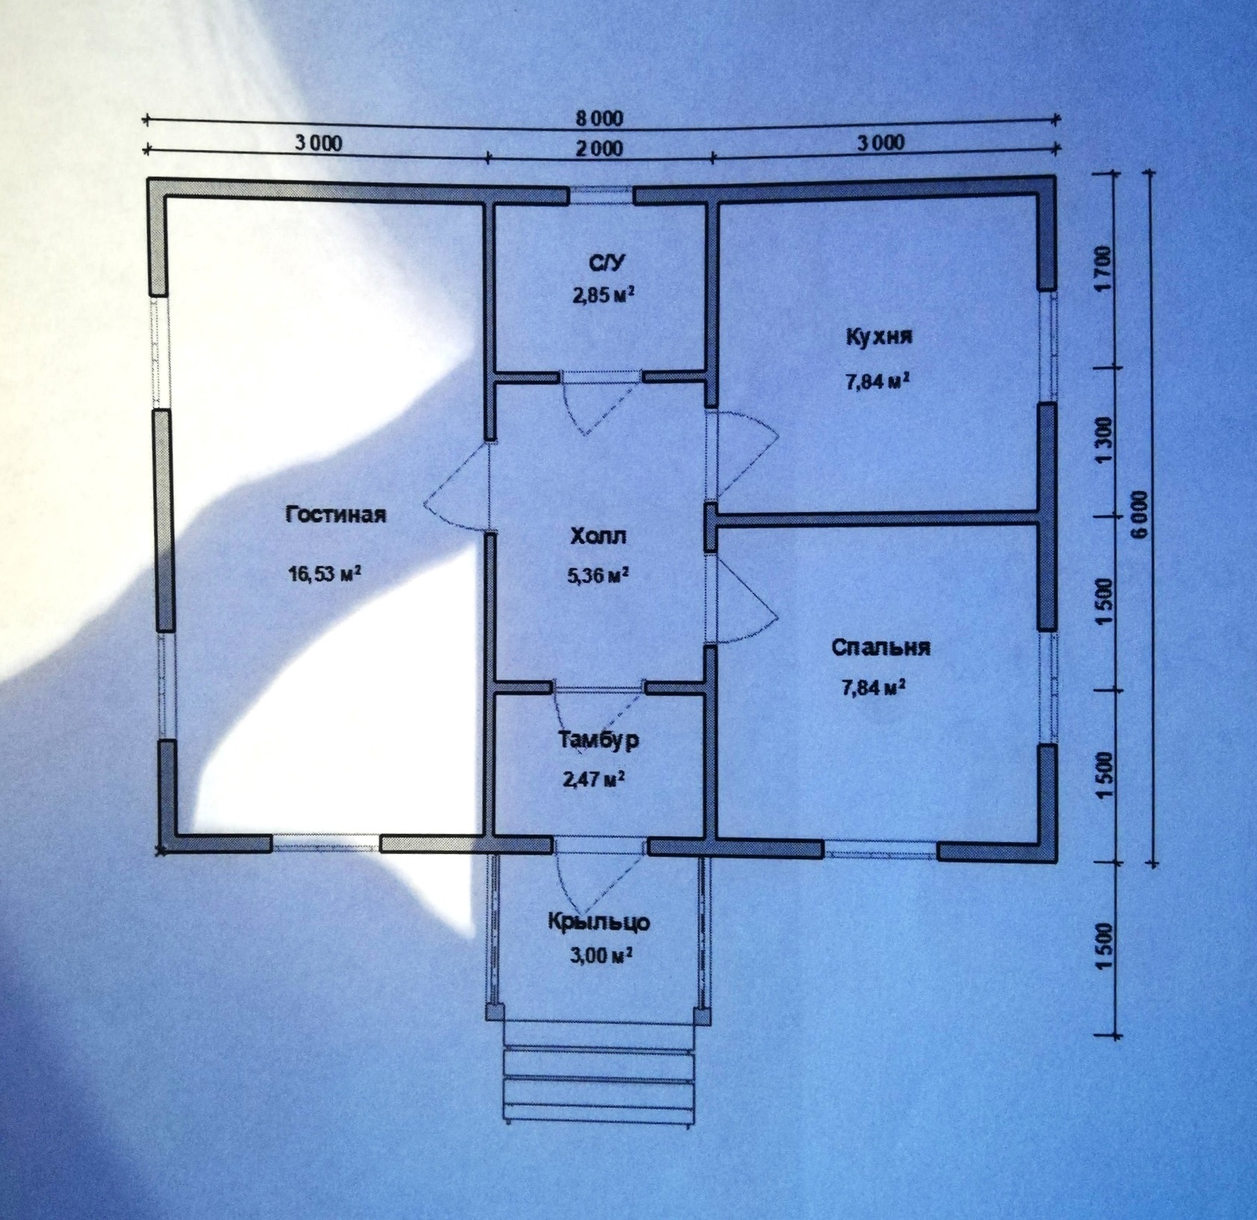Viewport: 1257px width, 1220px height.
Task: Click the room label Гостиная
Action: coord(336,515)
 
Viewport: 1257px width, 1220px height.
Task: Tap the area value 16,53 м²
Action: coord(325,574)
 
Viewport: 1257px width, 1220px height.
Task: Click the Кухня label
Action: coord(879,336)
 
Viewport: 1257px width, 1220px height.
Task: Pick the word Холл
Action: coord(599,537)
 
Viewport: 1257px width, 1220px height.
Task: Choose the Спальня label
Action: coord(881,647)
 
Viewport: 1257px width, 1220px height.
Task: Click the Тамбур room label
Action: coord(599,740)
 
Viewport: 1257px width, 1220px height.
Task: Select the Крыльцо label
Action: coord(599,921)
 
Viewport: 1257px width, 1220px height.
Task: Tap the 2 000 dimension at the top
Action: coord(599,147)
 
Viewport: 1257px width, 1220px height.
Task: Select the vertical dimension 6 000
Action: coord(1139,515)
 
